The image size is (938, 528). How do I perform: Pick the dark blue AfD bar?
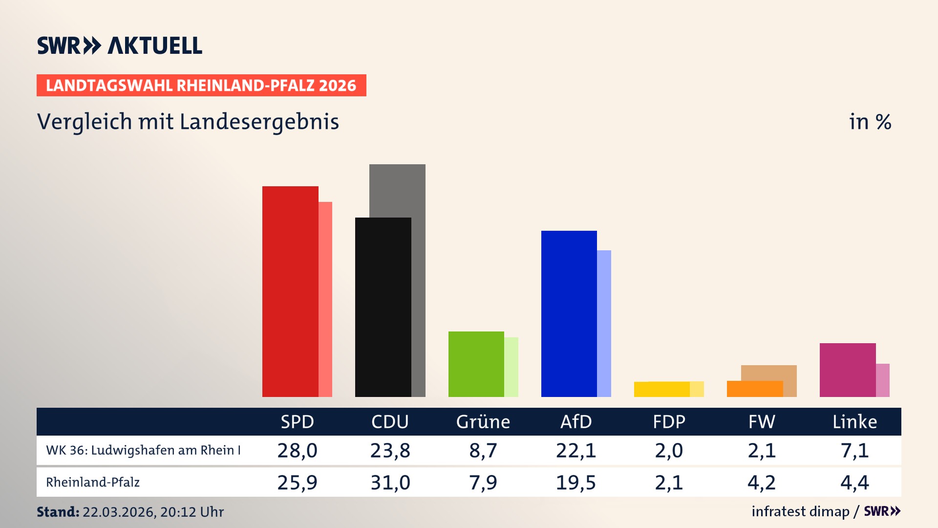pyautogui.click(x=569, y=313)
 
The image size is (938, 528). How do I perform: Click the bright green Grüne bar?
pyautogui.click(x=476, y=364)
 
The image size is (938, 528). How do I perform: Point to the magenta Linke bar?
pyautogui.click(x=847, y=370)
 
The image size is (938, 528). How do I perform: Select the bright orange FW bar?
pyautogui.click(x=754, y=389)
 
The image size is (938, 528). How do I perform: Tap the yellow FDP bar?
pyautogui.click(x=661, y=389)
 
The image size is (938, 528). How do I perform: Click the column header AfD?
pyautogui.click(x=576, y=421)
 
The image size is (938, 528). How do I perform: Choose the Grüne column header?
pyautogui.click(x=483, y=421)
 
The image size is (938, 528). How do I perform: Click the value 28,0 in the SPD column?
pyautogui.click(x=297, y=450)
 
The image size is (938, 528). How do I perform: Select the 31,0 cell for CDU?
pyautogui.click(x=390, y=483)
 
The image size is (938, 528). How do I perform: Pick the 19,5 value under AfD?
pyautogui.click(x=576, y=483)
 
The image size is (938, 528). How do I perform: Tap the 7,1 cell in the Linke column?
pyautogui.click(x=854, y=450)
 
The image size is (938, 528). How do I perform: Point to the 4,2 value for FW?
pyautogui.click(x=761, y=483)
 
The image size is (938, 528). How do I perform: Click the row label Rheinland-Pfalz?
pyautogui.click(x=93, y=483)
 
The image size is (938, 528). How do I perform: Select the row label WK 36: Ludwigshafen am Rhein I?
pyautogui.click(x=143, y=450)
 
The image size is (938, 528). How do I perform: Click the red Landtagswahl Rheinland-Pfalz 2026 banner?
pyautogui.click(x=201, y=86)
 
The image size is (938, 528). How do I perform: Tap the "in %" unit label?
pyautogui.click(x=870, y=122)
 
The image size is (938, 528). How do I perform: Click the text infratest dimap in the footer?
pyautogui.click(x=800, y=511)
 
